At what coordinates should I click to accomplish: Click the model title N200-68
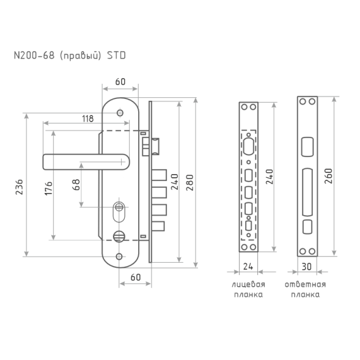(x=34, y=56)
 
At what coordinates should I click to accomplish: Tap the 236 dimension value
(x=20, y=187)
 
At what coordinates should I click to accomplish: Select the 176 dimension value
(x=48, y=188)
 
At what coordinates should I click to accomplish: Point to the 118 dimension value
(x=87, y=119)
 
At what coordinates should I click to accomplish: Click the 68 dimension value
(x=76, y=185)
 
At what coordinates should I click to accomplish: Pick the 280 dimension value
(x=190, y=183)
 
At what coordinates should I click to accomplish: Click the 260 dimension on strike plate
(x=328, y=176)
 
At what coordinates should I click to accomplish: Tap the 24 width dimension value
(x=248, y=266)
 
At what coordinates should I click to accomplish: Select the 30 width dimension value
(x=306, y=266)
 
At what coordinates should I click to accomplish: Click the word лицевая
(x=248, y=284)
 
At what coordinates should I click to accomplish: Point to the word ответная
(x=306, y=284)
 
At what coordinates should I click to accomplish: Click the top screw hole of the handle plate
(x=120, y=113)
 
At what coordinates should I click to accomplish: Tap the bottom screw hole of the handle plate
(x=119, y=257)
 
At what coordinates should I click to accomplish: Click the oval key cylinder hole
(x=119, y=211)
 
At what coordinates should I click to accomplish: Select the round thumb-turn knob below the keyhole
(x=119, y=237)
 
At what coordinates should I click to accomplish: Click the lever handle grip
(x=86, y=162)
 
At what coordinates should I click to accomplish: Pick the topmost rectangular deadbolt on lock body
(x=159, y=175)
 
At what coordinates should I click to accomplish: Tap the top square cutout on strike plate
(x=307, y=147)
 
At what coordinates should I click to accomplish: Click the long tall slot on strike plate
(x=307, y=193)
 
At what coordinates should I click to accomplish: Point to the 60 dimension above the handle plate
(x=120, y=82)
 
